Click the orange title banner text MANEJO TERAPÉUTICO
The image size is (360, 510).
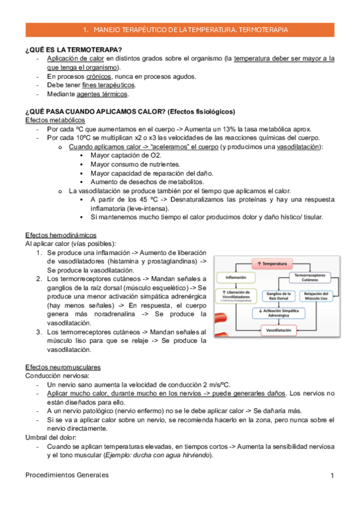[185, 29]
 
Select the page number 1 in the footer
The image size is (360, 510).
[332, 476]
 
